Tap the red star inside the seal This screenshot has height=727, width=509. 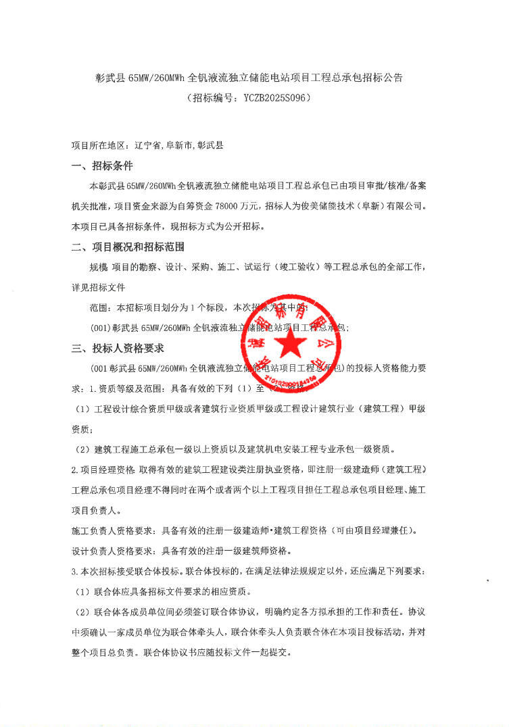[293, 345]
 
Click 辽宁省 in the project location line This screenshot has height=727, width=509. [149, 145]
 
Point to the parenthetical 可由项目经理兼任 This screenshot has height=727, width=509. [379, 530]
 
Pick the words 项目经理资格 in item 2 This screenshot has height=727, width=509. [108, 470]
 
